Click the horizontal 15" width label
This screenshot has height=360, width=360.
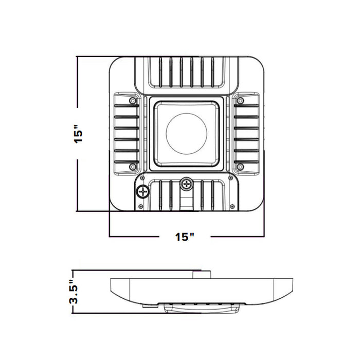[x=185, y=237]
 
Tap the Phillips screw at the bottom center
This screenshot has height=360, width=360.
[x=186, y=183]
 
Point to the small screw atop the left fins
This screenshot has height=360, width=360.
[x=133, y=100]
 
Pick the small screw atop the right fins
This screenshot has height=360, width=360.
[x=240, y=100]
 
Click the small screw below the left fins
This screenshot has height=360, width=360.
[x=133, y=166]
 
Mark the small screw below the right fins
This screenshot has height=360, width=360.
[x=240, y=166]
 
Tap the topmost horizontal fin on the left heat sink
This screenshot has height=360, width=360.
[x=126, y=105]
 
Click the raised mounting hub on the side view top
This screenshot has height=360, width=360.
[x=202, y=274]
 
